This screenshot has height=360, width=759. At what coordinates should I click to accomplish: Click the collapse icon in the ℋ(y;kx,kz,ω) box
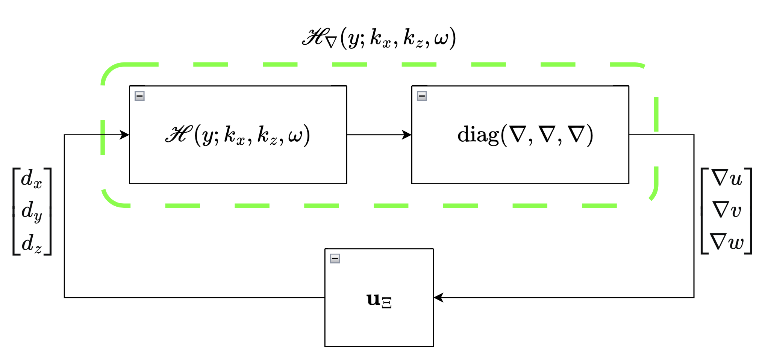(139, 96)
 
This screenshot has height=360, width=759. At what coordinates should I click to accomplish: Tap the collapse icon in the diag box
(421, 96)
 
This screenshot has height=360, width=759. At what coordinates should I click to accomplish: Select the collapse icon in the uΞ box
(335, 259)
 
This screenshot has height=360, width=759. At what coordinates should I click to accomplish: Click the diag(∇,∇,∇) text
(525, 135)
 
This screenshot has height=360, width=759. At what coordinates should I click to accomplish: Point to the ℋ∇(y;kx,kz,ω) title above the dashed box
(379, 38)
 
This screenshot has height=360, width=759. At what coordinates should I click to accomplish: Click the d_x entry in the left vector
(31, 179)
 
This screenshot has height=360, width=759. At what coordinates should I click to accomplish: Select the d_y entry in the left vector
(31, 211)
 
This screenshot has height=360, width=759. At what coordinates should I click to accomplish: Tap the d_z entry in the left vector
(31, 243)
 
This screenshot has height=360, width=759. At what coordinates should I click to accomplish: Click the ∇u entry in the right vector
(727, 178)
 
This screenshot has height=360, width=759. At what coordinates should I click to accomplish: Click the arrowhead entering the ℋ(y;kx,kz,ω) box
(124, 135)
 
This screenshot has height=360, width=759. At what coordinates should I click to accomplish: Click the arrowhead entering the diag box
(407, 135)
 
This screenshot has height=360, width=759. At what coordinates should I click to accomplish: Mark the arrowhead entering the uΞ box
(439, 297)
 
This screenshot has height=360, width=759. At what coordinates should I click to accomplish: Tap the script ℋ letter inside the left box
(177, 135)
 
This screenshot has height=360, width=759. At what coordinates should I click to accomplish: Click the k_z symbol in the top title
(413, 39)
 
